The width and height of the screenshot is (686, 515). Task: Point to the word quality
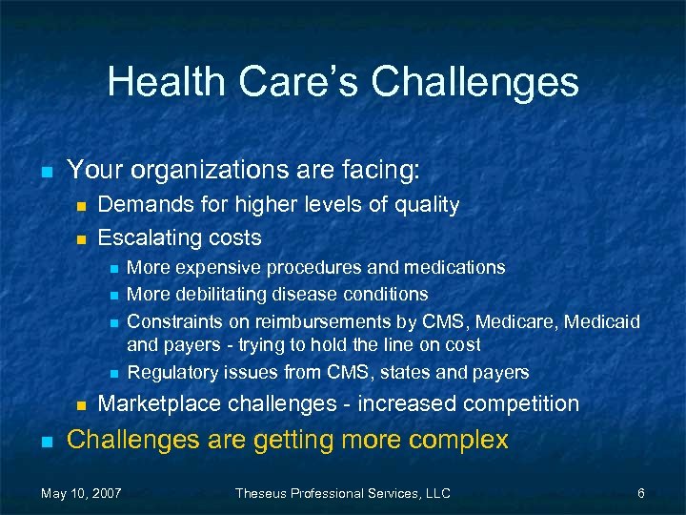click(425, 204)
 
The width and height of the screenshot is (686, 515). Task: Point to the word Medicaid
click(602, 320)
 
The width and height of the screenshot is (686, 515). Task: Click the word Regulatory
click(170, 372)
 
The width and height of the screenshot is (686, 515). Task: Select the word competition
click(518, 403)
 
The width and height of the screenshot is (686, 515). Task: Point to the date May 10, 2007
click(81, 493)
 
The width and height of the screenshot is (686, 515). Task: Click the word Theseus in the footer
click(265, 493)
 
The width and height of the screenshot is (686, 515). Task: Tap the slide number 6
click(641, 493)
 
